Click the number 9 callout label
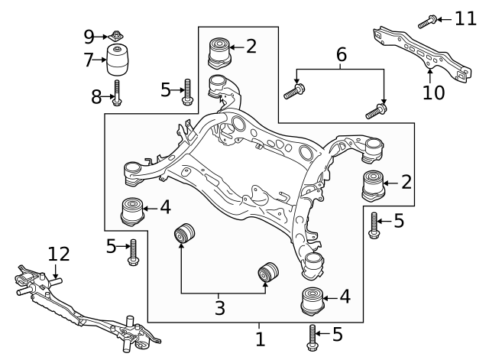[x=89, y=35]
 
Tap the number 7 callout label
[x=89, y=58]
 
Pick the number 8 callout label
[x=96, y=96]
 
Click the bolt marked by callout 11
[x=428, y=19]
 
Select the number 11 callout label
[x=465, y=18]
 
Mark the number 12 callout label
[x=58, y=253]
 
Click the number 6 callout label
[x=341, y=54]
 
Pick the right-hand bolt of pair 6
[x=376, y=112]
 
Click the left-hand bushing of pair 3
[x=184, y=232]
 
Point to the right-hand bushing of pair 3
[x=268, y=272]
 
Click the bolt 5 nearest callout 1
[x=313, y=336]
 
